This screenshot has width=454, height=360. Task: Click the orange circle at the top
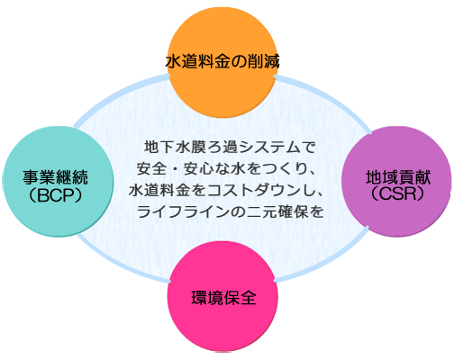[x=222, y=62]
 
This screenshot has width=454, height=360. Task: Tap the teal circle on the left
[x=58, y=181]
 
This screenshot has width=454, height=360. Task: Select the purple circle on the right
[x=396, y=181]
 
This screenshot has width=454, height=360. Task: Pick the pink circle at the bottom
[x=222, y=296]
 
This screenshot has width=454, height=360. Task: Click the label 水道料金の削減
[x=222, y=61]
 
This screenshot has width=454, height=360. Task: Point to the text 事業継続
[x=56, y=177]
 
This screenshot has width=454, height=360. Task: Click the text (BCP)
[x=56, y=195]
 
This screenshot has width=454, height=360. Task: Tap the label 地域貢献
[x=398, y=177]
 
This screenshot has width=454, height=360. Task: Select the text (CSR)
[x=398, y=194]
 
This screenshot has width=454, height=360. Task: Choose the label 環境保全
[x=224, y=298]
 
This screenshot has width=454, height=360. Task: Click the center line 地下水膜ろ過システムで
[x=230, y=148]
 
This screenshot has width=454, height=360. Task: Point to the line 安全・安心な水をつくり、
[x=226, y=169]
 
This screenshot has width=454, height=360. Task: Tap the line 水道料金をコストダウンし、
[x=226, y=191]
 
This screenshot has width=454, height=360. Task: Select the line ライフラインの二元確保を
[x=231, y=212]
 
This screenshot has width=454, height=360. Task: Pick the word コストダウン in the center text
[x=255, y=191]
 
